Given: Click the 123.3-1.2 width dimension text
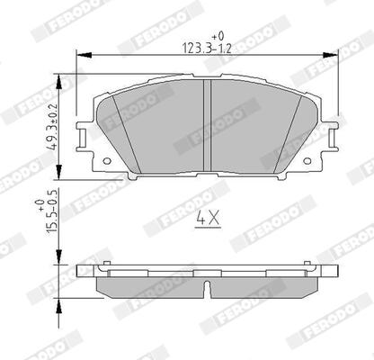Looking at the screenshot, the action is pos(207,49).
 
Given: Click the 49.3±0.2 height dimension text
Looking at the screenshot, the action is pos(53,126).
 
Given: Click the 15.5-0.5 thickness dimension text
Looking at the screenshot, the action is pos(51,211).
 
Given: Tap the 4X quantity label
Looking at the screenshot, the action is pos(208,219).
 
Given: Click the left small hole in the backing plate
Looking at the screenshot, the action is pos(107,161).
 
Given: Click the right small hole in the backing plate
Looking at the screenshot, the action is pos(307,161).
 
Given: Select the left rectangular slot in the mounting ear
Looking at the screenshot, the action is pos(83,138).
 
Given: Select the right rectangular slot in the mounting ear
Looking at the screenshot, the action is pos(332,138).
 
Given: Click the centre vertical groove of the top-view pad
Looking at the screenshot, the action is pos(208,126).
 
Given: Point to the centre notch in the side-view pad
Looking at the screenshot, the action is pos(207,290).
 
